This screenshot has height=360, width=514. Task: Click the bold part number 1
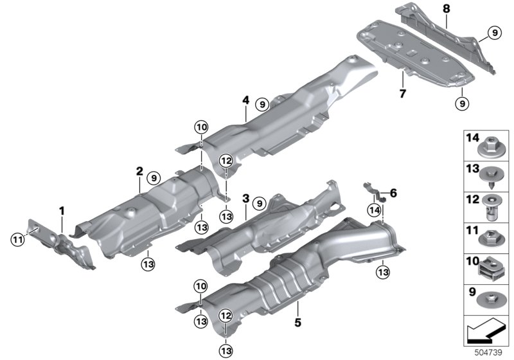(x=62, y=211)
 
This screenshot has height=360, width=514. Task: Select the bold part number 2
(x=139, y=171)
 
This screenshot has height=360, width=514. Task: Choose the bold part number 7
(x=403, y=93)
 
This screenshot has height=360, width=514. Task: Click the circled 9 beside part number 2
(x=153, y=176)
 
